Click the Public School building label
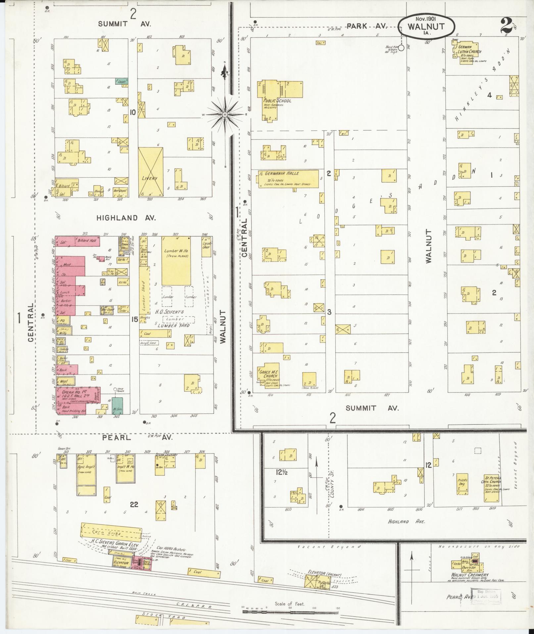(277, 100)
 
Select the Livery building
(150, 172)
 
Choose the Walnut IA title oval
(426, 29)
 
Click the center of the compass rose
(225, 114)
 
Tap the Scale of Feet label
(290, 604)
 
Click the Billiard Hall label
(87, 240)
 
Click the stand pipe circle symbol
(401, 48)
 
